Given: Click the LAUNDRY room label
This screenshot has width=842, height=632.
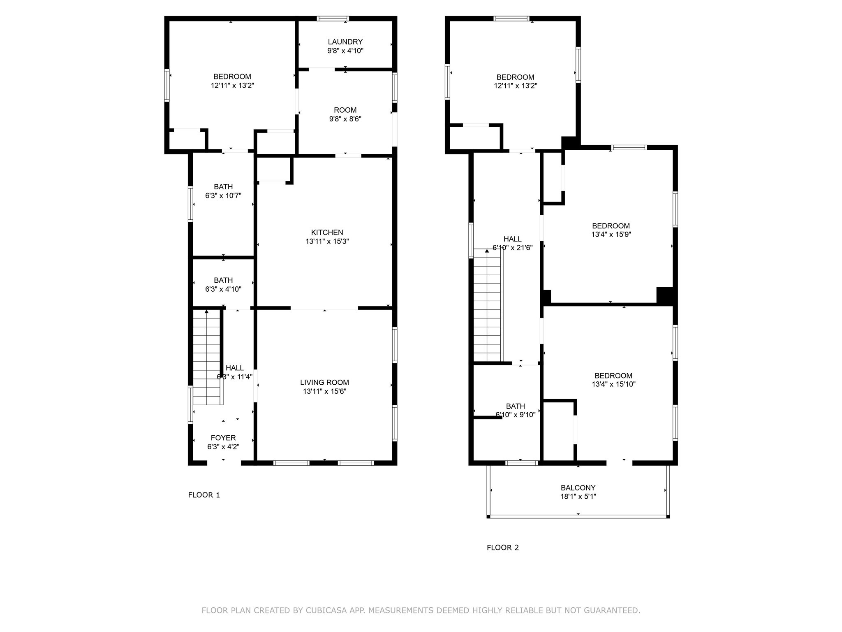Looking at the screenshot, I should point(345,42).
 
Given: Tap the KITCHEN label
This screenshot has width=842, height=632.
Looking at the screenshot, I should point(327,233).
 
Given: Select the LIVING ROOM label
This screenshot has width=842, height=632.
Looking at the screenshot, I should point(324,383).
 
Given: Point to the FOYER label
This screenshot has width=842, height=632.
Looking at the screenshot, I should point(223,438).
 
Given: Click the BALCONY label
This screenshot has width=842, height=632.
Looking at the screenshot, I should point(578,488).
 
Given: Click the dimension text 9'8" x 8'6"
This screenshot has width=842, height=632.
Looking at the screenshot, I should point(345,119).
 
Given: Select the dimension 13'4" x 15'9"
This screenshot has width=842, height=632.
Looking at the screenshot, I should point(611,235).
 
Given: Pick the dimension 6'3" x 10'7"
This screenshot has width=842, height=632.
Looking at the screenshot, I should point(223,196).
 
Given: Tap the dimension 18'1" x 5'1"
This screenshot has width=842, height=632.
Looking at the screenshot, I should point(578,497).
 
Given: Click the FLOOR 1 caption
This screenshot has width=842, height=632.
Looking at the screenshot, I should point(204,495).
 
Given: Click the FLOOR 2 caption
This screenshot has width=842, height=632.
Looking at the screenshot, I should point(503,548).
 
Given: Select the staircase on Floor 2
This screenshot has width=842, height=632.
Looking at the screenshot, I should point(487,307).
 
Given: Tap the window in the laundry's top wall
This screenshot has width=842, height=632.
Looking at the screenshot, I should point(333,19).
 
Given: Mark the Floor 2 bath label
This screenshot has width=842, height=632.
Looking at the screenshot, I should point(515,407).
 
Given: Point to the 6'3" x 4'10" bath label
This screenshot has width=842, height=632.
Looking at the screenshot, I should point(223,281).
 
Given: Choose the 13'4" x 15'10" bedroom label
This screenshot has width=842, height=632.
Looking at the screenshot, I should point(613,376).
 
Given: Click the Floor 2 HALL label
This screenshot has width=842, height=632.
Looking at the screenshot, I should point(512,239).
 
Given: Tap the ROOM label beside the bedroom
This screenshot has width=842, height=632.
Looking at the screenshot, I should point(345,110).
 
